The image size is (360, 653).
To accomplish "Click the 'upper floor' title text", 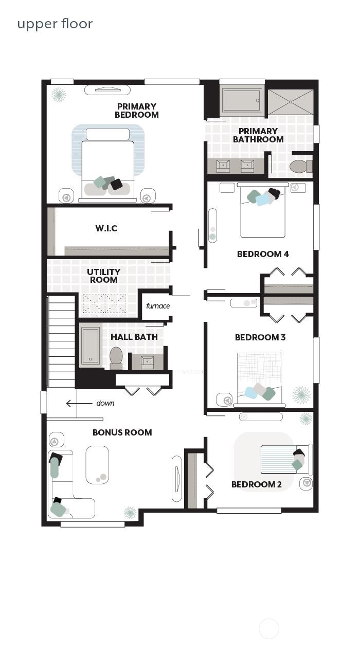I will tap(55, 24).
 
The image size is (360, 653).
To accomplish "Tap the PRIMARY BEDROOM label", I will tap(136, 111).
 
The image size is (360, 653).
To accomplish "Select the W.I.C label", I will tap(106, 228).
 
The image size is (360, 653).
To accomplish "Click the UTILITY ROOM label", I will tap(103, 276).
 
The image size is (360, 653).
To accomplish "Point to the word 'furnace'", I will tap(158, 306).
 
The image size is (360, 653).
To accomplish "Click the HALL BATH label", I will tap(134, 337).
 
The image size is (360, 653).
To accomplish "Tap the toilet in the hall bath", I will tap(116, 357).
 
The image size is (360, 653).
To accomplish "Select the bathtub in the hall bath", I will tap(91, 346).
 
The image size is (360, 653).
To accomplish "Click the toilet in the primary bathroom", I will tap(300, 166).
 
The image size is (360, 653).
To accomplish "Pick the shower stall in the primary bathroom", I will tap(291, 102).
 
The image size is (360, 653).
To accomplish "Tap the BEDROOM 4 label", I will tap(263, 254).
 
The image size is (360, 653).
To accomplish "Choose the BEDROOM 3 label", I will tap(260, 337).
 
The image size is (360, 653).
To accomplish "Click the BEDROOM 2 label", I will tap(257, 484).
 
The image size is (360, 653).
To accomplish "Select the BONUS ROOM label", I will tap(122, 432).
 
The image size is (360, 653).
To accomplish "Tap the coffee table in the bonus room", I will tap(97, 465).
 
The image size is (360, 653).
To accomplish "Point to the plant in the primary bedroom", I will tap(58, 95).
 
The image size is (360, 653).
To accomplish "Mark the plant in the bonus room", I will tap(130, 512).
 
